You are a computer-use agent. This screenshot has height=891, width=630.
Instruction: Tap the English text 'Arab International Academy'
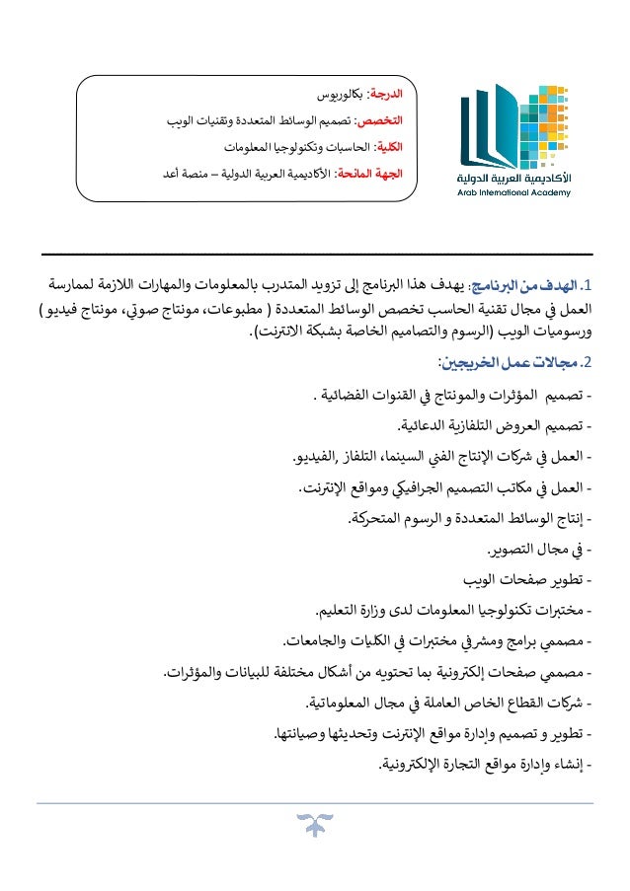pos(500,194)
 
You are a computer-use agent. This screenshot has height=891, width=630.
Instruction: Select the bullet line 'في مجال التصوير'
pos(537,549)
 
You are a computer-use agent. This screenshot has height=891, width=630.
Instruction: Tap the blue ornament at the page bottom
pos(314,823)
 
